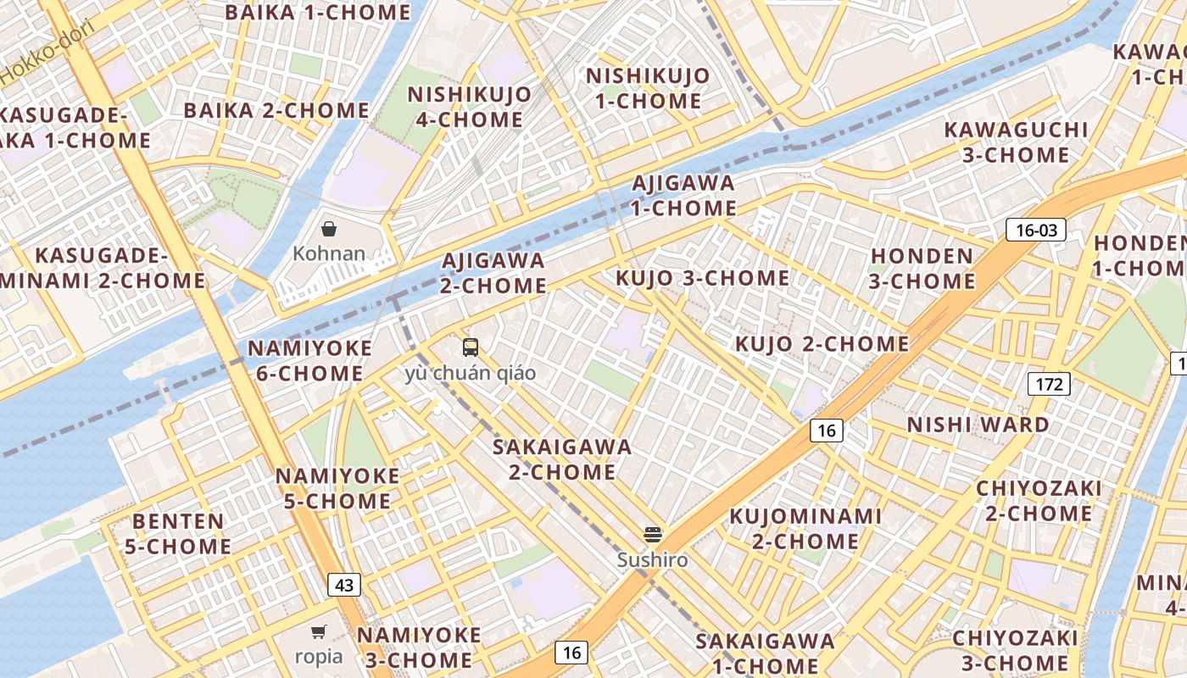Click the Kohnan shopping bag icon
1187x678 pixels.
[329, 229]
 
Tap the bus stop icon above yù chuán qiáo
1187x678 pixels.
[470, 347]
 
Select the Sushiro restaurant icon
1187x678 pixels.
[652, 535]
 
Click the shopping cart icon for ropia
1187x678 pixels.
[319, 631]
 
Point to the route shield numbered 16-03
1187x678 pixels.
[1035, 230]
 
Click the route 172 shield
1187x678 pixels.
[1049, 384]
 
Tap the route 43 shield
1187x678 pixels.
[343, 585]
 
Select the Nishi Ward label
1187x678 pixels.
[978, 425]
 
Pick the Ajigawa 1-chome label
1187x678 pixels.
[684, 195]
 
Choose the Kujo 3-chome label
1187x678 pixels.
[703, 278]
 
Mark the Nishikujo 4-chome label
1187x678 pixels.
[470, 107]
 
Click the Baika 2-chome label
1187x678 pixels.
[276, 111]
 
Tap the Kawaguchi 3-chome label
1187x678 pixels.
[1016, 142]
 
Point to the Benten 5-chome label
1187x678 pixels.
[178, 534]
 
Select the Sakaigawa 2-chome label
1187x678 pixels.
[562, 459]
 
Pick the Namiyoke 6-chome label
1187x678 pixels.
[309, 361]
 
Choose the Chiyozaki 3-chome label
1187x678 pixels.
[1015, 651]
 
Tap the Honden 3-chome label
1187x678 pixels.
[922, 269]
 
